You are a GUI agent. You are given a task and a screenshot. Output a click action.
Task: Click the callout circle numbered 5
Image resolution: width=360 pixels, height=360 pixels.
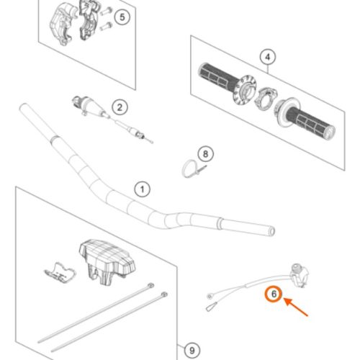coord(122,17)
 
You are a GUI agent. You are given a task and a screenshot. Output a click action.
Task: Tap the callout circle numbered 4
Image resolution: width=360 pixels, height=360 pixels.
coord(268,57)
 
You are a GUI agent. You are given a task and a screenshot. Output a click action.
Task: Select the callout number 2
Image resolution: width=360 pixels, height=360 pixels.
coord(120,107)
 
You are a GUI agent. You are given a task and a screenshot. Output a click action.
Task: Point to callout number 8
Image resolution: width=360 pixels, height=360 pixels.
coord(205,154)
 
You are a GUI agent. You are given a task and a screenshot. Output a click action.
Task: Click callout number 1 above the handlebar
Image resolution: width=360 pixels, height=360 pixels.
coord(143,189)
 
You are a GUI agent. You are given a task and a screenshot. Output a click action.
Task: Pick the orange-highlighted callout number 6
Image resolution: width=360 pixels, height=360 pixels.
coord(274,294)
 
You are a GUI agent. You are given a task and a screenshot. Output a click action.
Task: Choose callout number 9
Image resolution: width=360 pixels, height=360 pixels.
coord(192,351)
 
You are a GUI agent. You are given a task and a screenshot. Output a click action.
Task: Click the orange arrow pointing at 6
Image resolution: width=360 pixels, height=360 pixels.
coord(296,307)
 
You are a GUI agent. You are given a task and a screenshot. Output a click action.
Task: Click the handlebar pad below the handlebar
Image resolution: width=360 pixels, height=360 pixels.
coord(107,262)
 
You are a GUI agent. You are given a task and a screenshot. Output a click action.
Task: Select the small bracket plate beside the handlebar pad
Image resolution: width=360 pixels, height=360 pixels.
coord(60,273)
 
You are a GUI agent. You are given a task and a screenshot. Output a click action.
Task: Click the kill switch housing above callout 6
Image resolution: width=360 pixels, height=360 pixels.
coord(299,275)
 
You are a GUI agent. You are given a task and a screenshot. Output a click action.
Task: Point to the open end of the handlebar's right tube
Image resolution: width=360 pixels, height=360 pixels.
coord(272,232)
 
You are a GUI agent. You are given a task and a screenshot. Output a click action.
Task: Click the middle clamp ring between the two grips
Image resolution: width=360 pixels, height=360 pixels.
coord(265,98)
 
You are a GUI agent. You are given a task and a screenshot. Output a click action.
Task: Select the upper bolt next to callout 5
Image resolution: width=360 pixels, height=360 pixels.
coord(106,12)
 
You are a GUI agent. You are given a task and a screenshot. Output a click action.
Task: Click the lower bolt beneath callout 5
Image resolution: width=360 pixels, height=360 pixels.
coord(106,26)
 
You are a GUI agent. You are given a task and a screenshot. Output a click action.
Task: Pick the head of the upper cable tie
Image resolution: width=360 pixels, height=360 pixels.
coord(151,285)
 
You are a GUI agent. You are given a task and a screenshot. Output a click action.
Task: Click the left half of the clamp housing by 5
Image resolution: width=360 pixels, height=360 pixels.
coord(62,24)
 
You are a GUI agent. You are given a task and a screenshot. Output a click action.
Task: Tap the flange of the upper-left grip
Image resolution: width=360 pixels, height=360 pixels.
coord(244,90)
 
